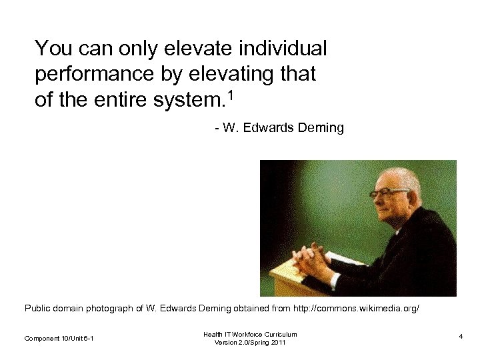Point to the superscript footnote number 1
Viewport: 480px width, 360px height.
click(x=231, y=95)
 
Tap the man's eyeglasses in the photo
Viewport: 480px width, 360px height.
click(x=387, y=193)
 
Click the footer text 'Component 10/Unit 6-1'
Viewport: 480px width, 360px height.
click(x=59, y=339)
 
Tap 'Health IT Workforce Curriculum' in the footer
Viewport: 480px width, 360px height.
click(x=250, y=334)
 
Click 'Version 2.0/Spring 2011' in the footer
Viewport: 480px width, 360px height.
click(x=250, y=343)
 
